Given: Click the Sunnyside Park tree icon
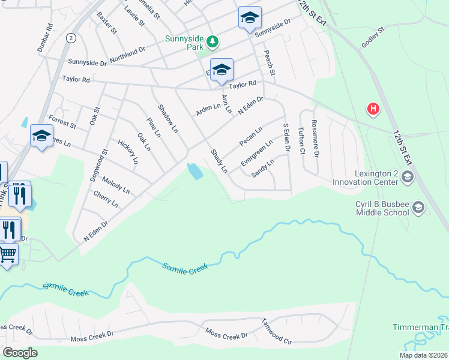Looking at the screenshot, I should point(211,42).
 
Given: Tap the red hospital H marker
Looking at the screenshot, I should point(373,109).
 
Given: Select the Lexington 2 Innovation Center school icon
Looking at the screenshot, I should point(408,176).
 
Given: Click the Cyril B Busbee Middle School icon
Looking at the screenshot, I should point(418,208).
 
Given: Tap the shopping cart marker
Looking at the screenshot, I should point(7,254).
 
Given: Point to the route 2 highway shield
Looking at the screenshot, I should point(71,38).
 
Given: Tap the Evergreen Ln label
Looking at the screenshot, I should point(256,153).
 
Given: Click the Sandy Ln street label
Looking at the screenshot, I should point(262,167).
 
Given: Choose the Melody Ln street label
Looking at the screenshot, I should point(115,185).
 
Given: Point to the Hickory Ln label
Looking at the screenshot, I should point(128,152).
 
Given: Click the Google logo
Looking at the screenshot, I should point(20,353).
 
